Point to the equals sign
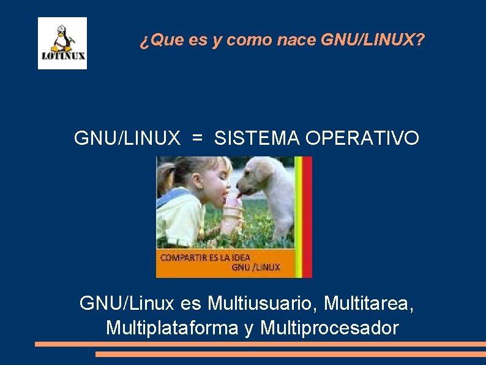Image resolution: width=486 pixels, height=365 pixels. click(x=197, y=139)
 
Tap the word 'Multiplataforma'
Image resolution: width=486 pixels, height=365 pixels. click(x=172, y=328)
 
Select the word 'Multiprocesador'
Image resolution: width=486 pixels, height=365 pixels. click(x=329, y=328)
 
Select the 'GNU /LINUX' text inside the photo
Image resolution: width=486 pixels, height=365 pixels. click(x=255, y=267)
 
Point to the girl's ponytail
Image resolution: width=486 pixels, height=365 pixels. click(x=167, y=175)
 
